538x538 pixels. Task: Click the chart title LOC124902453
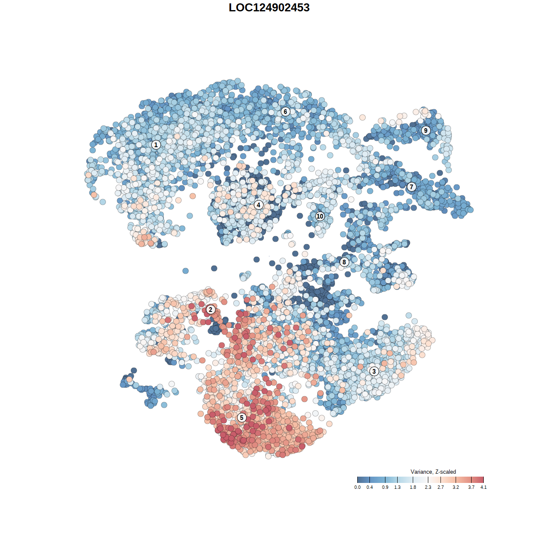click(x=269, y=8)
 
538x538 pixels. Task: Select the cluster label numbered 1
click(x=156, y=145)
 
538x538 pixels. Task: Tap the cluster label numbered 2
click(x=211, y=310)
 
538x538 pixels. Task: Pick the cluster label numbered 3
click(x=374, y=371)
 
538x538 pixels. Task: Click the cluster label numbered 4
click(x=258, y=205)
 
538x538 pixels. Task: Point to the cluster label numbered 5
click(x=242, y=417)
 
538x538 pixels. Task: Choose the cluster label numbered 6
click(x=285, y=111)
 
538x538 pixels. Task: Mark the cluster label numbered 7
click(x=411, y=187)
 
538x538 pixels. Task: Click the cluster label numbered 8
click(x=344, y=262)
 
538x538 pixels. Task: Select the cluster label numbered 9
click(x=426, y=130)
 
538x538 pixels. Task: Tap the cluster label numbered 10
click(x=320, y=216)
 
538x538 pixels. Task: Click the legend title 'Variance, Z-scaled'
click(x=433, y=472)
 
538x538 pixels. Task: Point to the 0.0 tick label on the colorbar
click(x=357, y=488)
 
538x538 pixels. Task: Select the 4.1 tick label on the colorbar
click(x=483, y=488)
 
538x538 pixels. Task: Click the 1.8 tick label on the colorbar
click(x=413, y=488)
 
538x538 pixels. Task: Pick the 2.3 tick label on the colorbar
click(x=428, y=488)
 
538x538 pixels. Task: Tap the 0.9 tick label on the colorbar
click(x=385, y=488)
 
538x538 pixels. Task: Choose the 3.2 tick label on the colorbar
click(x=456, y=488)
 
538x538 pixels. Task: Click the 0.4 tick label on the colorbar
click(x=369, y=488)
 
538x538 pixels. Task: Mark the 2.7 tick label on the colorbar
click(x=440, y=488)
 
